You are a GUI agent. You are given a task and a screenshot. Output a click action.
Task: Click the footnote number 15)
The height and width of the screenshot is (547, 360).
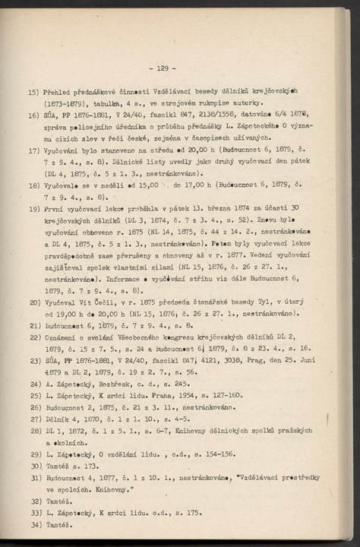coord(34,90)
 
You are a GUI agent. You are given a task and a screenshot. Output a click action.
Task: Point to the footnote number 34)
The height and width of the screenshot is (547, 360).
coord(34,524)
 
